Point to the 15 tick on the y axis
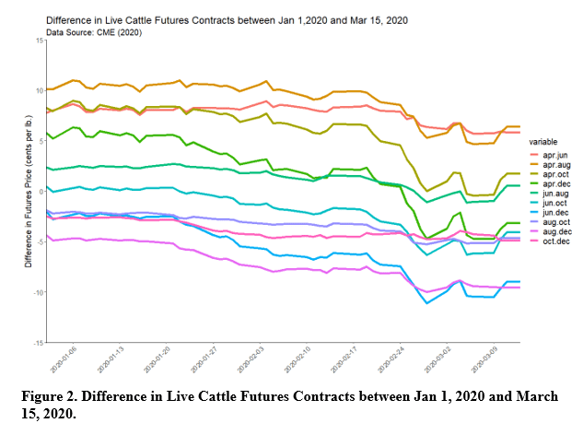coord(40,41)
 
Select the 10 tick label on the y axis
coord(40,90)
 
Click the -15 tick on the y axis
coord(38,342)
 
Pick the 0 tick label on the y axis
coord(41,191)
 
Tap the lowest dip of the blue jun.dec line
coord(426,303)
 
